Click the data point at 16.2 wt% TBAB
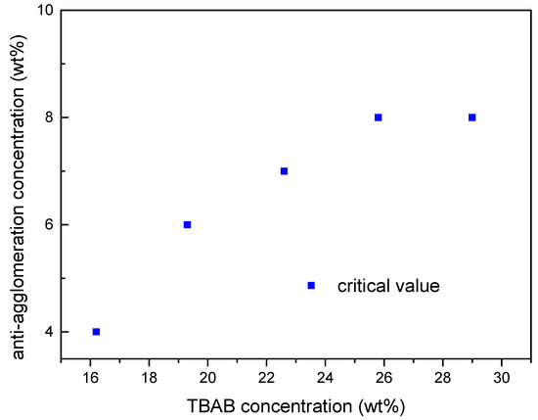tap(96, 332)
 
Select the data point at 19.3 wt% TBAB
tap(187, 224)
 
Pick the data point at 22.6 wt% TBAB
tap(284, 170)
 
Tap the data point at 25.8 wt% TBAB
tap(378, 117)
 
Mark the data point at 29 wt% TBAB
tap(472, 117)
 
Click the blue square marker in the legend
tap(311, 285)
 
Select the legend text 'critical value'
tap(388, 286)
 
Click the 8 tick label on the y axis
tap(47, 117)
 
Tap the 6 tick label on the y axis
tap(47, 224)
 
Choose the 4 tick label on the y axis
tap(47, 332)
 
